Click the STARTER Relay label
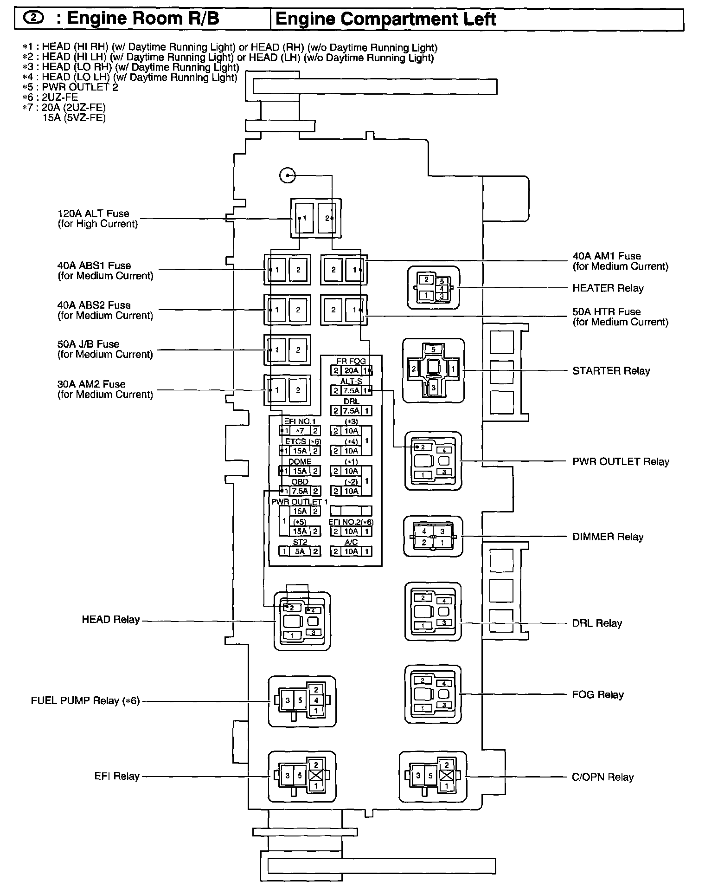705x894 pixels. pyautogui.click(x=611, y=371)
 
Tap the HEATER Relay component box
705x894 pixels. pyautogui.click(x=433, y=288)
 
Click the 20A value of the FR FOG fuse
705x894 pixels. pyautogui.click(x=351, y=370)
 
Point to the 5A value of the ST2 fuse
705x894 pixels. pyautogui.click(x=300, y=551)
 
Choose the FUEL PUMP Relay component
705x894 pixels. pyautogui.click(x=302, y=701)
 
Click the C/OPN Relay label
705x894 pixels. pyautogui.click(x=602, y=777)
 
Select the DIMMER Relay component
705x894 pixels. pyautogui.click(x=433, y=537)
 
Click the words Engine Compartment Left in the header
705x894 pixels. pyautogui.click(x=385, y=19)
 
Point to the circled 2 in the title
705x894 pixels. pyautogui.click(x=34, y=18)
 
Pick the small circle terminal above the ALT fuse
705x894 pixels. pyautogui.click(x=288, y=175)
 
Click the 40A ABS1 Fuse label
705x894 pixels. pyautogui.click(x=105, y=271)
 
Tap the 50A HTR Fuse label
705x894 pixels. pyautogui.click(x=620, y=317)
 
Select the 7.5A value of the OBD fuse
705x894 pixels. pyautogui.click(x=300, y=491)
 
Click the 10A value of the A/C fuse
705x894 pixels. pyautogui.click(x=351, y=551)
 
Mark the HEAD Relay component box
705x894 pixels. pyautogui.click(x=302, y=621)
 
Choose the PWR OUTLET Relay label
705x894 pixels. pyautogui.click(x=621, y=462)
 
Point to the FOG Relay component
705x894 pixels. pyautogui.click(x=433, y=694)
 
